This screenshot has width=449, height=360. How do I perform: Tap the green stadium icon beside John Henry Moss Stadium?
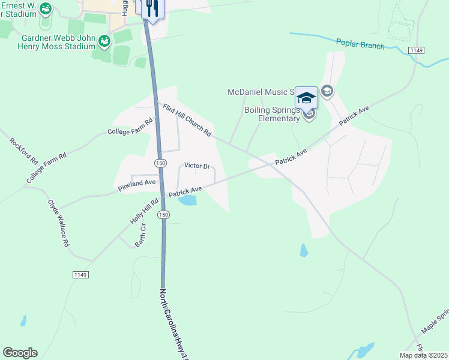coord(105,41)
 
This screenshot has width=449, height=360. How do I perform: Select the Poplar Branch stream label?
coord(360,44)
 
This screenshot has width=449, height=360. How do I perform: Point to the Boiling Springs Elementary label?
coord(271,114)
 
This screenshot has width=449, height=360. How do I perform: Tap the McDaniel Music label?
coord(261,92)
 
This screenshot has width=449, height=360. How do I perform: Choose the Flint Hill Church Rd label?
coord(187,119)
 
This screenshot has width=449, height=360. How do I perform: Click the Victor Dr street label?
coord(197,166)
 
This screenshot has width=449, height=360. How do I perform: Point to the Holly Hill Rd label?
coord(145,212)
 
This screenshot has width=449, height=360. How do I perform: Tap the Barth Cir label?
coord(141,236)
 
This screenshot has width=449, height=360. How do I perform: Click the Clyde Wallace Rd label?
coord(59,224)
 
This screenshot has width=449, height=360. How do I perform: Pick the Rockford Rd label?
coord(24,152)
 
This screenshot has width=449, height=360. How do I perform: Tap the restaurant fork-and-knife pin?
coord(152,8)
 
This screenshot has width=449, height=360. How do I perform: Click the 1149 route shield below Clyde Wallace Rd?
coord(80,275)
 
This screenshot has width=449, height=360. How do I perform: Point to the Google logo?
coord(20,353)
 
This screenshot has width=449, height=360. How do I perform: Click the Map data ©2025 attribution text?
coord(423,355)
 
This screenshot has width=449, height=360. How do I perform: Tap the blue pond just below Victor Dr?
coord(187,200)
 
